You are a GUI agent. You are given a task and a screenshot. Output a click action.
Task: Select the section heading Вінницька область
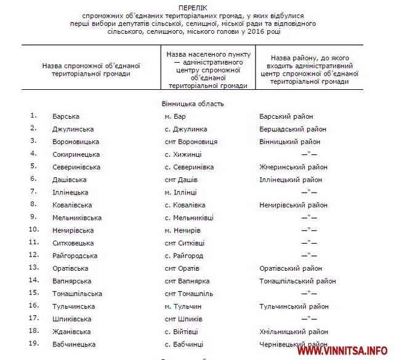point(193,104)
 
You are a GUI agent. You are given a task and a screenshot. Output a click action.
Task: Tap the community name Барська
point(66,116)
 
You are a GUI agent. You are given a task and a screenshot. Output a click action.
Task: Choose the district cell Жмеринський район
point(293,167)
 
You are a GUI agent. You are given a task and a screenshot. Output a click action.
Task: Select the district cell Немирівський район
point(294,205)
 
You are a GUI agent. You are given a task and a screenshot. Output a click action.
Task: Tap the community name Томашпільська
point(78,294)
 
